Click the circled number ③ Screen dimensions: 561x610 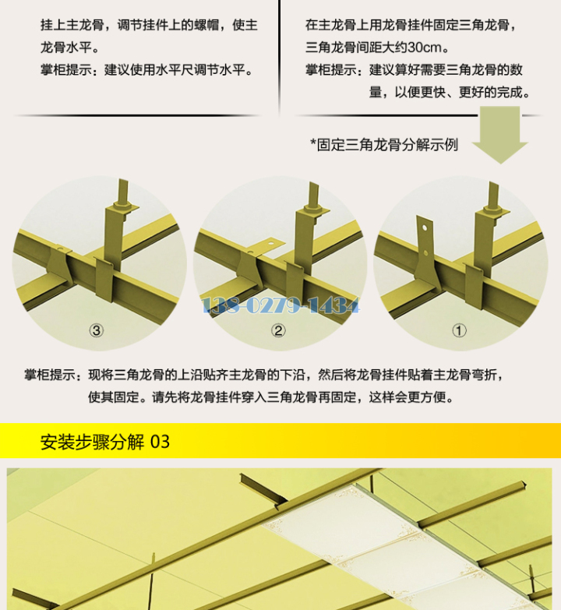coord(96,330)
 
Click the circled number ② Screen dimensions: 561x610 coord(278,330)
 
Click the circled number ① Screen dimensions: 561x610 coord(459,330)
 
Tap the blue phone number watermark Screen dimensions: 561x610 coord(280,305)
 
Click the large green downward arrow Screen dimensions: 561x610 coord(500,134)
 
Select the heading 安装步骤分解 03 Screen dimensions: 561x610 coord(105,442)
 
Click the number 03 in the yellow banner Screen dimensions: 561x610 coord(160,442)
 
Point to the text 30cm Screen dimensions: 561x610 coord(425,48)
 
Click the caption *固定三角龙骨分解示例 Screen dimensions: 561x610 coord(384,145)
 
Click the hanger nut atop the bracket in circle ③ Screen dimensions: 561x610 coord(123,206)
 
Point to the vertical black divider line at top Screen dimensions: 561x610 coord(280,58)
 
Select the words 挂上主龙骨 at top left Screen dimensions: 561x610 coord(72,25)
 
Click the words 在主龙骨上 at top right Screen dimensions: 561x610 coord(337,25)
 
